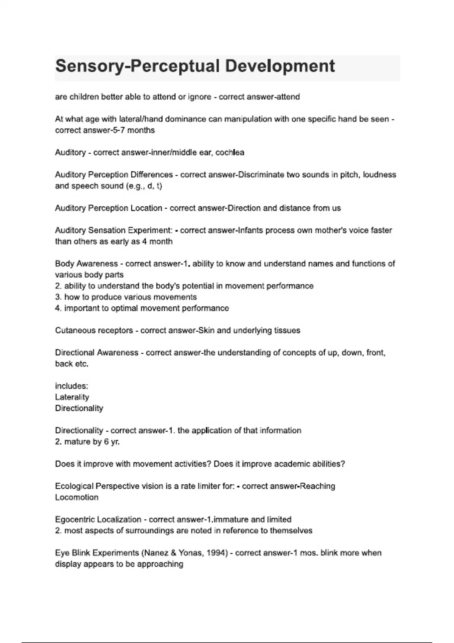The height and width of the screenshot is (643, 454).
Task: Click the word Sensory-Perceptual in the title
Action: (137, 66)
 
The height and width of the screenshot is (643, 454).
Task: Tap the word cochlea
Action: (230, 152)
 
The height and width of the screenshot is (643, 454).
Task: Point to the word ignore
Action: (199, 97)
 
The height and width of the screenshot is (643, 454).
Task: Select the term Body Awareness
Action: (86, 264)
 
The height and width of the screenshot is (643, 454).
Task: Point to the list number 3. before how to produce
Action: (58, 297)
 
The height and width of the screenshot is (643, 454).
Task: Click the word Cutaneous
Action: (73, 330)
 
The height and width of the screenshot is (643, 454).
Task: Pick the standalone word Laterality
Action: (72, 397)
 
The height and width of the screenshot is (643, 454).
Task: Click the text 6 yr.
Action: (112, 441)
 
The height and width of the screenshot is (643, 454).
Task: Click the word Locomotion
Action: (77, 497)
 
